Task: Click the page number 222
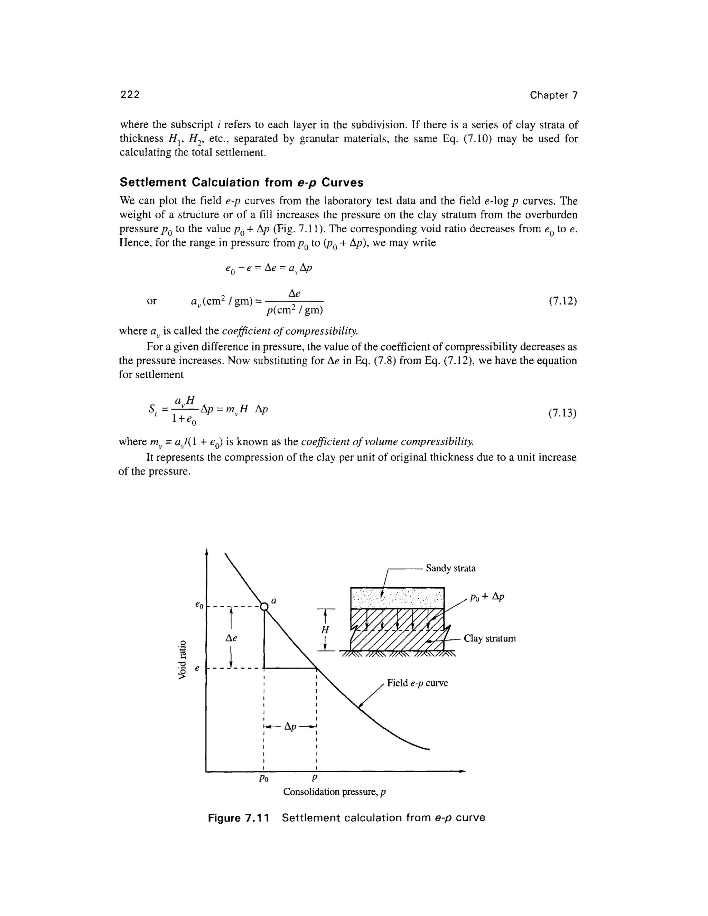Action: click(x=130, y=95)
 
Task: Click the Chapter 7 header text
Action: click(x=553, y=95)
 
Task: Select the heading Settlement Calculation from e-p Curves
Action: click(x=242, y=183)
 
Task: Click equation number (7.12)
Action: click(x=562, y=301)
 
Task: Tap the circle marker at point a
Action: click(x=264, y=607)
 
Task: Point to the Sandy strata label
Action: click(x=450, y=568)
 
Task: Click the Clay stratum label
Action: click(x=490, y=638)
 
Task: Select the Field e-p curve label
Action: click(x=417, y=683)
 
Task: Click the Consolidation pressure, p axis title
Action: click(x=334, y=792)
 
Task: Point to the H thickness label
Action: click(x=325, y=629)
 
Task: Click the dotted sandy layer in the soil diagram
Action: click(x=397, y=598)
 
